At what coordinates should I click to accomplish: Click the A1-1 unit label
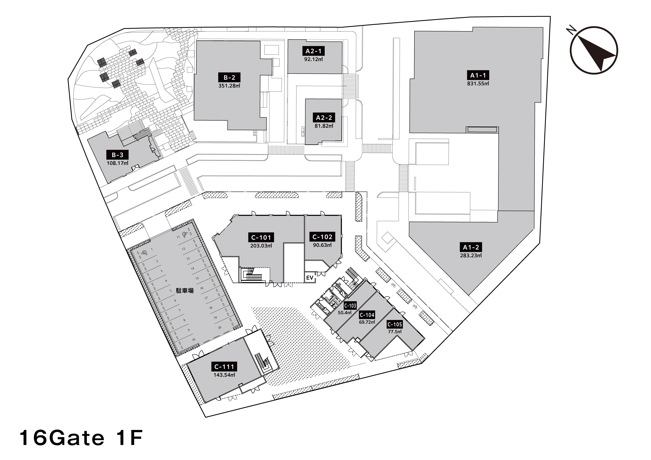pos(478,75)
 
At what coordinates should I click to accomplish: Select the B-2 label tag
pos(229,77)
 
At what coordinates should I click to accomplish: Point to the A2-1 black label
pos(313,51)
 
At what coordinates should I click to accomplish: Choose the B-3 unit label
pos(117,155)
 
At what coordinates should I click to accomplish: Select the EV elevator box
pos(310,278)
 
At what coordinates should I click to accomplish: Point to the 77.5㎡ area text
pos(395,332)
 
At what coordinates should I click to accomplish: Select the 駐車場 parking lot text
pos(185,291)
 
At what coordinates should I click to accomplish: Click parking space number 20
pos(220,328)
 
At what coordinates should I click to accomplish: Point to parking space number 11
pos(178,237)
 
